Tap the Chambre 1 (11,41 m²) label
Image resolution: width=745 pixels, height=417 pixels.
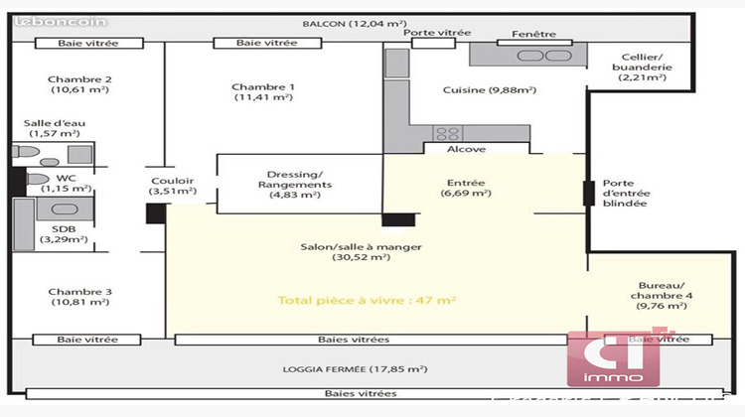click(x=262, y=91)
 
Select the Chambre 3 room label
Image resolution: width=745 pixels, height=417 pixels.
click(x=80, y=297)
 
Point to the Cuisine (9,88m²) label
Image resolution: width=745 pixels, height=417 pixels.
click(x=489, y=90)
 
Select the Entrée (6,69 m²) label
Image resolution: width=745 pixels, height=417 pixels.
click(x=465, y=188)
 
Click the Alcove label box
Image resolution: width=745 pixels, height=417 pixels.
click(x=467, y=149)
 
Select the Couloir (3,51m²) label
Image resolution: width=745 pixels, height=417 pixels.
click(x=172, y=186)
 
